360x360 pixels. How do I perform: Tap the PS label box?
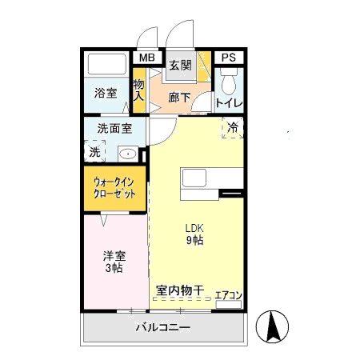pyautogui.click(x=229, y=58)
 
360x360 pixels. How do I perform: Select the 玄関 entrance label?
pyautogui.click(x=180, y=66)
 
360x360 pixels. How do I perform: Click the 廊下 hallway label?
pyautogui.click(x=180, y=98)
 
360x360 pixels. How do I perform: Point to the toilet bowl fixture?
pyautogui.click(x=228, y=83)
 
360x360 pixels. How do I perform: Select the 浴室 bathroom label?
pyautogui.click(x=106, y=93)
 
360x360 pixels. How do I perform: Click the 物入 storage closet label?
pyautogui.click(x=138, y=90)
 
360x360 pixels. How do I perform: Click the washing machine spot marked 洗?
pyautogui.click(x=94, y=150)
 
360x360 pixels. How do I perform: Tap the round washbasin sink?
pyautogui.click(x=127, y=153)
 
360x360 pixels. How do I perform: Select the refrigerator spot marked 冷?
pyautogui.click(x=232, y=127)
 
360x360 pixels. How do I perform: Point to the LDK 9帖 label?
pyautogui.click(x=194, y=234)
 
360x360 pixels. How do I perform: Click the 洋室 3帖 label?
pyautogui.click(x=113, y=262)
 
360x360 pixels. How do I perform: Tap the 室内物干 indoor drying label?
pyautogui.click(x=180, y=291)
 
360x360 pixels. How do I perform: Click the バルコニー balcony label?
pyautogui.click(x=162, y=328)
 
